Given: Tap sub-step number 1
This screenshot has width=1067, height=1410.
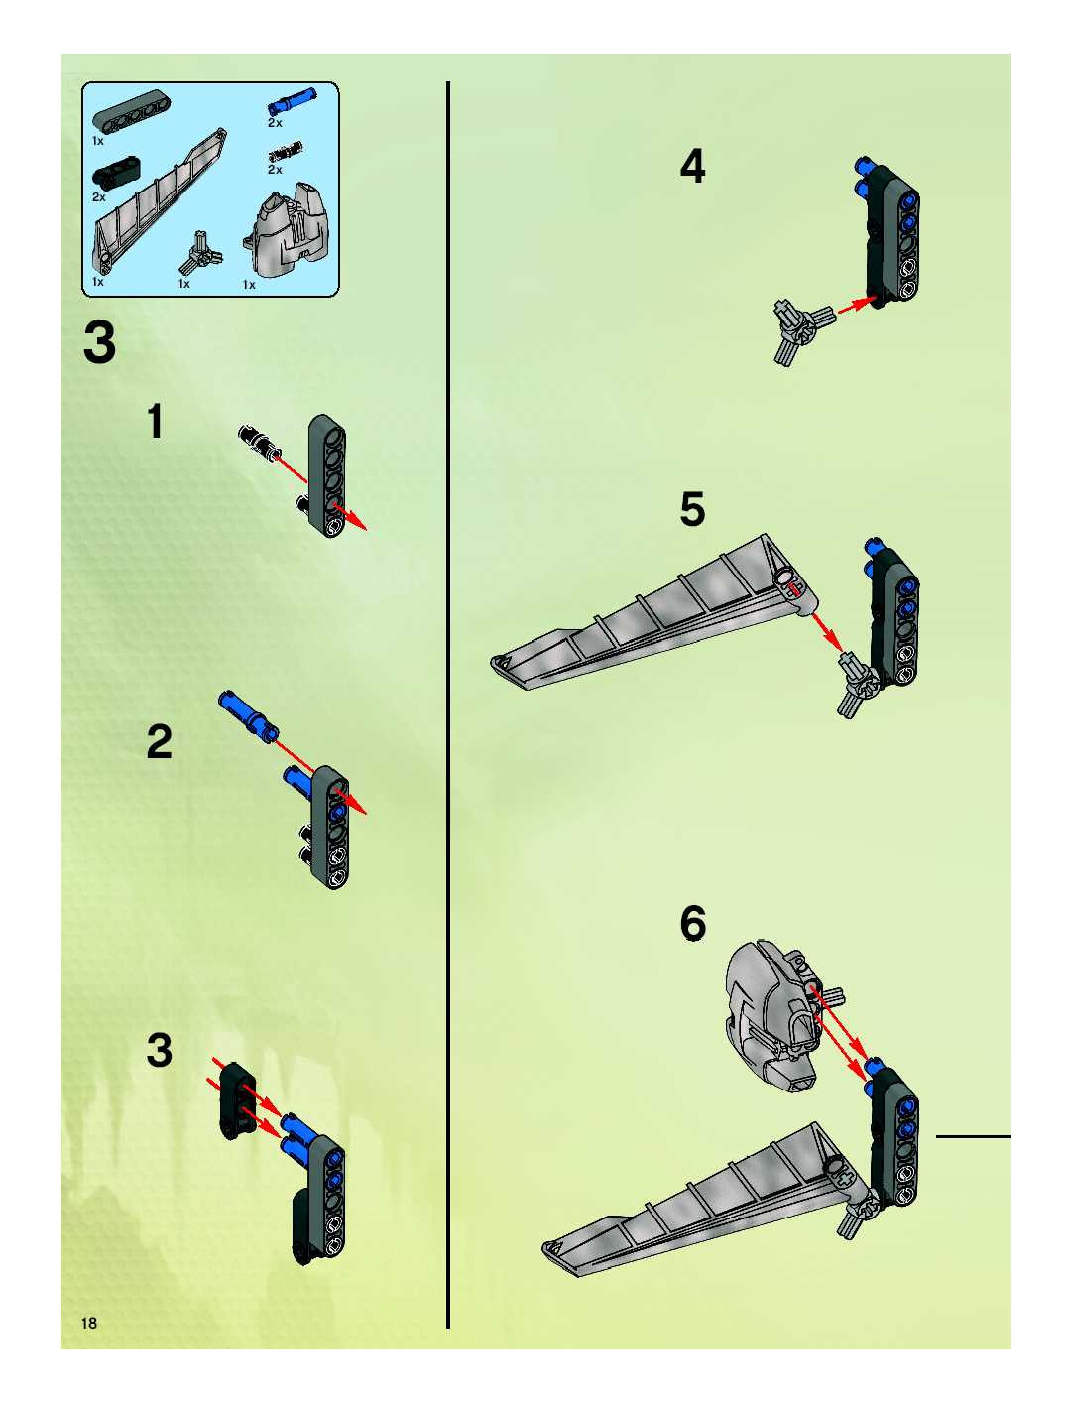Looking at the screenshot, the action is tap(155, 421).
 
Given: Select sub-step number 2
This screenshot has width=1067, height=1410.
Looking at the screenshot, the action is tap(159, 742).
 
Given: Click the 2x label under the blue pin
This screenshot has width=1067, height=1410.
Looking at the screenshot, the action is tap(275, 123).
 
